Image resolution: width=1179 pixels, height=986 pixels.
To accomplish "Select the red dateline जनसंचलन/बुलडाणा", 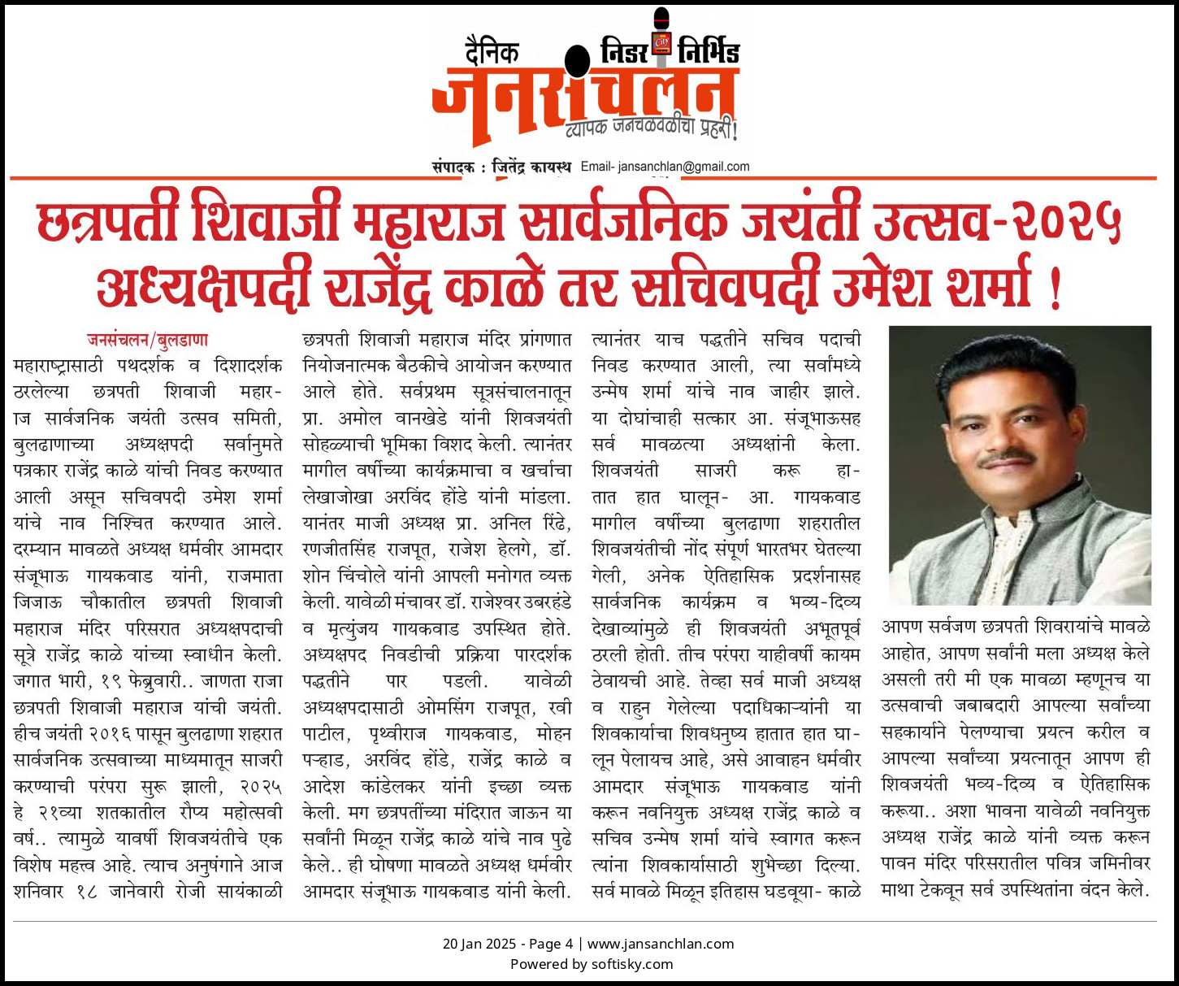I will tap(148, 339).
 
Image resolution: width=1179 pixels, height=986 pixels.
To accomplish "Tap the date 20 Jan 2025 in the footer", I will tap(479, 944).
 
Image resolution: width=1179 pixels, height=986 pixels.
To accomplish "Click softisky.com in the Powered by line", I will tap(621, 964).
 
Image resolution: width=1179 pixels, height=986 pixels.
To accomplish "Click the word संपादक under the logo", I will tap(453, 167).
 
